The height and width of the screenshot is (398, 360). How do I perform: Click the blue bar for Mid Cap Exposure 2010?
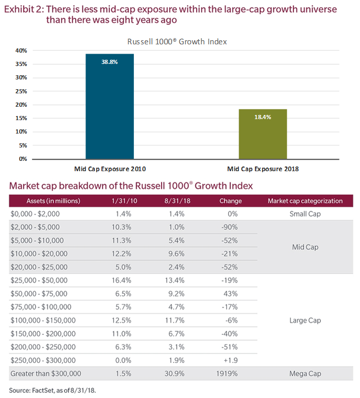point(109,108)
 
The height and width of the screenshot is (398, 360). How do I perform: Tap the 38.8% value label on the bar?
point(109,61)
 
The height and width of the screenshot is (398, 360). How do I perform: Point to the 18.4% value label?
point(263,117)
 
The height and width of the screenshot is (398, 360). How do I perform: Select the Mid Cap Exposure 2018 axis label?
point(263,169)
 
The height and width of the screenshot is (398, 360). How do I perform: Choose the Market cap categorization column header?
point(305,201)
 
